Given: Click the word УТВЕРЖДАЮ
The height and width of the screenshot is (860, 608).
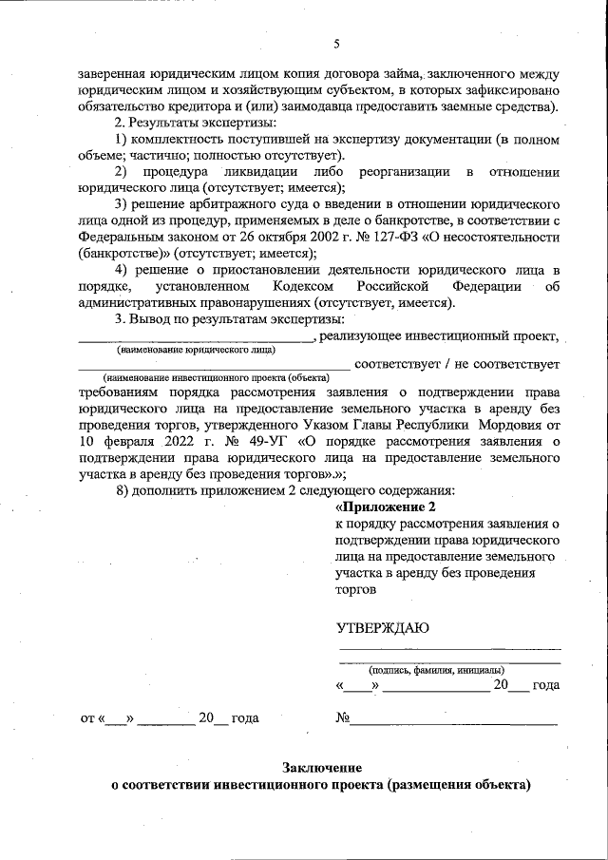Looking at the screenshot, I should click(383, 627).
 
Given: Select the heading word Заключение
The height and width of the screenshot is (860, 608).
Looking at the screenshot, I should click(321, 767).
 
